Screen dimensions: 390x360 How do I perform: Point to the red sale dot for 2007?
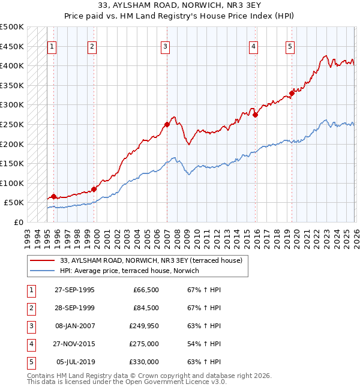click(167, 125)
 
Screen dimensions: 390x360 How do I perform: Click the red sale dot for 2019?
click(292, 93)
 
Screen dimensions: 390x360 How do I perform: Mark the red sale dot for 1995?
click(54, 196)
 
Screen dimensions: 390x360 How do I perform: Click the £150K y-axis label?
click(12, 163)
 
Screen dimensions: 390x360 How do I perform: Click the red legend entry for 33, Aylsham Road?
click(151, 260)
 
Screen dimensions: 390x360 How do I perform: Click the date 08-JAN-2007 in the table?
click(74, 327)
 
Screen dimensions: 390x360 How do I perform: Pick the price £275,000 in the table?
click(145, 344)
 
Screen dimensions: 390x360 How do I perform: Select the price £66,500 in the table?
click(146, 290)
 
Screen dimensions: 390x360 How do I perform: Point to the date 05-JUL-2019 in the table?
click(75, 362)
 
